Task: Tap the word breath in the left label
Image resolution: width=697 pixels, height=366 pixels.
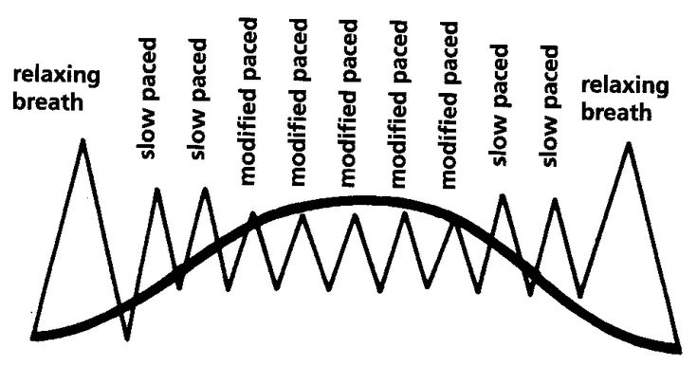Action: (x=48, y=101)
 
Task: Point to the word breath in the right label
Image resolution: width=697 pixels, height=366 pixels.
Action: (x=616, y=111)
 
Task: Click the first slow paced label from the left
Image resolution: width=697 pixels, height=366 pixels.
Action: (x=149, y=99)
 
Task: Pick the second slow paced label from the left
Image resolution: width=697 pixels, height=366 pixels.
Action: (x=197, y=99)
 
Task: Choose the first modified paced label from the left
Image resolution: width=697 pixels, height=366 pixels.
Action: (x=248, y=101)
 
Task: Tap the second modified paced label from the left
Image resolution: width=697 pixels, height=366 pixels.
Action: (x=299, y=102)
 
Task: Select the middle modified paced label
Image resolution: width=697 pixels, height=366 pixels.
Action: (x=349, y=103)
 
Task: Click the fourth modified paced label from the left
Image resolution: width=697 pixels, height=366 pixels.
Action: (x=398, y=104)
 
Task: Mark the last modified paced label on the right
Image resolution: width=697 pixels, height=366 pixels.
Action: (x=449, y=105)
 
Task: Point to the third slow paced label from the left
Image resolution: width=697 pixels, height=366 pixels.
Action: (x=499, y=105)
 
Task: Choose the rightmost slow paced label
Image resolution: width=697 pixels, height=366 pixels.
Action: (x=548, y=106)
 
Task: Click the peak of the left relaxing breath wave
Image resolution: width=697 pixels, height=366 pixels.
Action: (x=83, y=140)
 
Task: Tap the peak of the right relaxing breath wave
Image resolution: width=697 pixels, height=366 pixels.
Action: (x=628, y=143)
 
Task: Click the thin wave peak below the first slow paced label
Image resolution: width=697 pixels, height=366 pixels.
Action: (x=156, y=190)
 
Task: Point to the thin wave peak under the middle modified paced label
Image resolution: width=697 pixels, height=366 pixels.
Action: (x=355, y=215)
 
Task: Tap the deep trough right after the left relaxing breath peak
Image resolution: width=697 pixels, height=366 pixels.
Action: (x=128, y=339)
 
